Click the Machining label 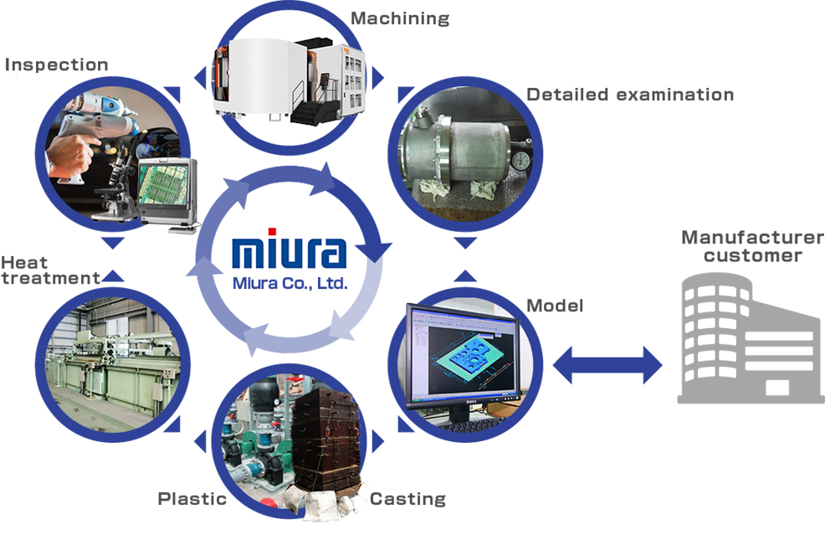pos(400,18)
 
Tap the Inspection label pos(57,64)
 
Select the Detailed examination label pos(629,95)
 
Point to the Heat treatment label pos(50,270)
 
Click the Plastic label pos(192,499)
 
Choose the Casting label pos(407,499)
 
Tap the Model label pos(555,306)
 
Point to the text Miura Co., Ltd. pos(289,283)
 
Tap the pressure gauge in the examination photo pos(520,158)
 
